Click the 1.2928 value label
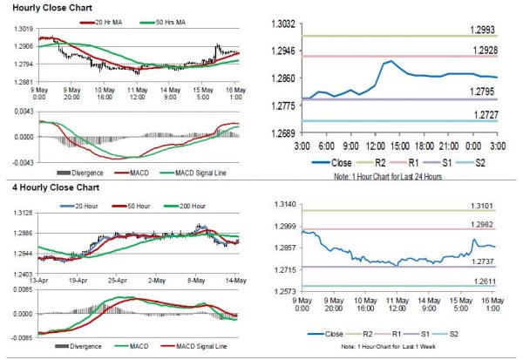pyautogui.click(x=484, y=51)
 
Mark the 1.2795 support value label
pyautogui.click(x=484, y=91)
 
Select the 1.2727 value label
pyautogui.click(x=484, y=113)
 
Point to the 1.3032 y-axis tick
pyautogui.click(x=282, y=24)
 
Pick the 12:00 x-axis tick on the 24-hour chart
pyautogui.click(x=376, y=145)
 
